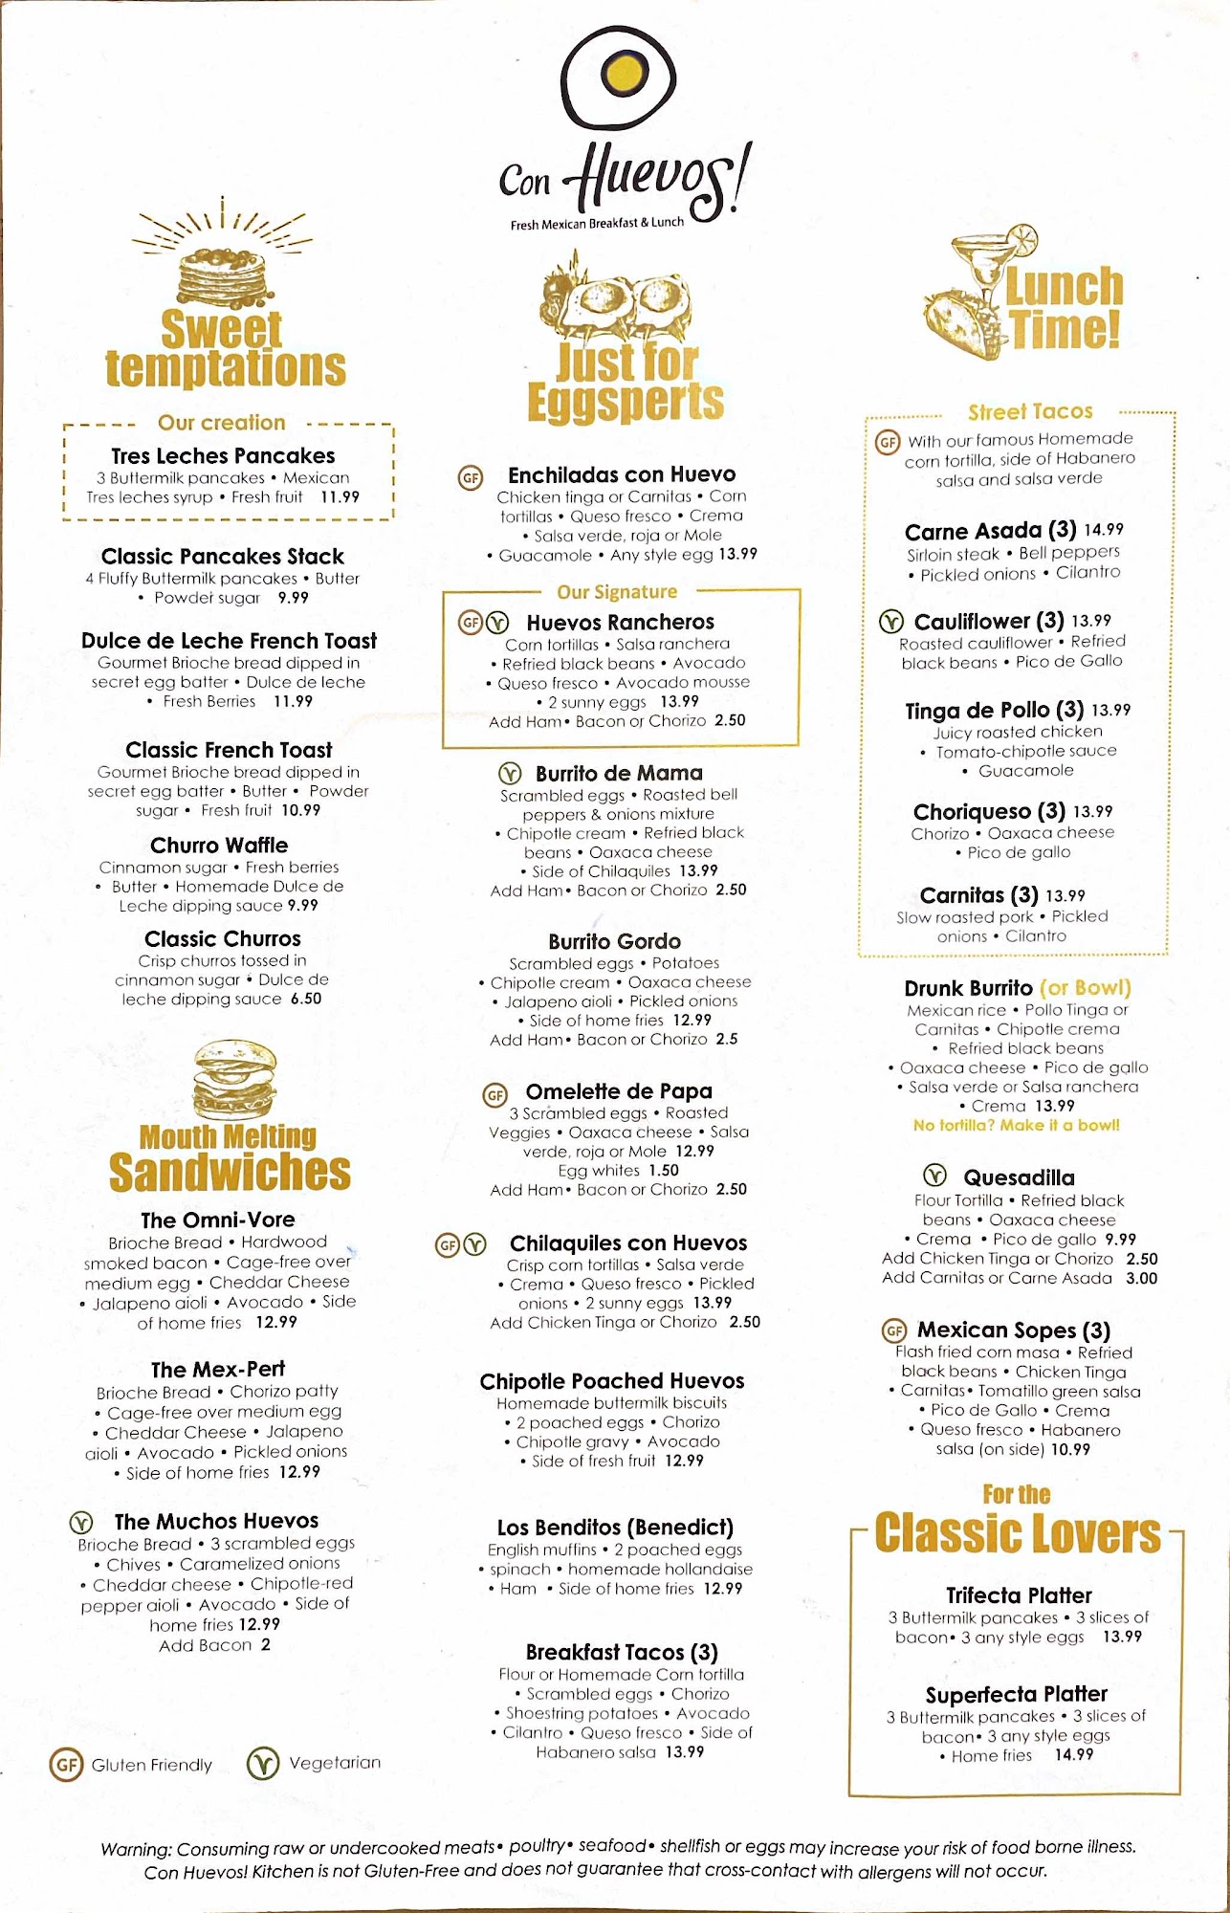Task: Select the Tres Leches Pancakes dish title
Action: coord(223,455)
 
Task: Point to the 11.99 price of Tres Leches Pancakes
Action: coord(340,497)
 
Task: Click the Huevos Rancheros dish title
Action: coord(620,623)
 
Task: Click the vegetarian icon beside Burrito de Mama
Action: coord(510,773)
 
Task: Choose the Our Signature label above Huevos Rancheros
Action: coord(617,592)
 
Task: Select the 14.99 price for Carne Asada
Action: coord(1104,530)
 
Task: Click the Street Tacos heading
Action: coord(1030,412)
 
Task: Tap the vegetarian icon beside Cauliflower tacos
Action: coord(890,622)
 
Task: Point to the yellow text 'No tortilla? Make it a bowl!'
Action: coord(1016,1126)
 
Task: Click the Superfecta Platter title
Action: coord(1016,1694)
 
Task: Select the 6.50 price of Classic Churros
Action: coord(306,999)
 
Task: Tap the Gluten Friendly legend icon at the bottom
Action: coord(66,1764)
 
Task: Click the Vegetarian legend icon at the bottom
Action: coord(263,1763)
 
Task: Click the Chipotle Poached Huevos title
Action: coord(611,1381)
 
